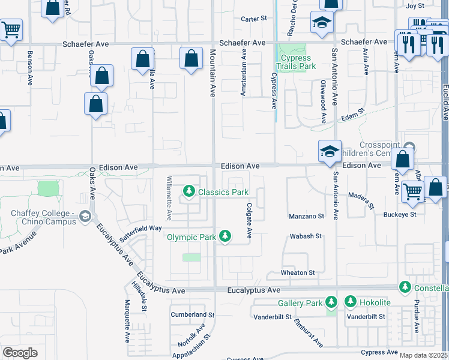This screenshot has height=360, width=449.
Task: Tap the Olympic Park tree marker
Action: (x=225, y=236)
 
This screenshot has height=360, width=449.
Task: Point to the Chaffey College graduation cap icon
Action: (x=86, y=216)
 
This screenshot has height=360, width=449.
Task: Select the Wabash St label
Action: (x=307, y=236)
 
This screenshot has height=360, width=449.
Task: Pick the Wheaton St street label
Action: (x=298, y=272)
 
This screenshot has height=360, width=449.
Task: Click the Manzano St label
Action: (x=306, y=216)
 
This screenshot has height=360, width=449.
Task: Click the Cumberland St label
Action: (x=192, y=314)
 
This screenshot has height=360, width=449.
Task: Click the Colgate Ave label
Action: (x=249, y=219)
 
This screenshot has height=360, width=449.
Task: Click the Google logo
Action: (x=20, y=353)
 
